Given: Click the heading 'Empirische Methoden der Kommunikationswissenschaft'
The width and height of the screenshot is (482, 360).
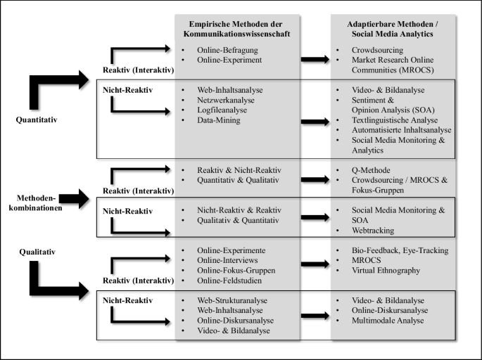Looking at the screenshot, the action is click(236, 29).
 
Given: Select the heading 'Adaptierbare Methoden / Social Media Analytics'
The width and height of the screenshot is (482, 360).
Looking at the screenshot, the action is click(393, 29).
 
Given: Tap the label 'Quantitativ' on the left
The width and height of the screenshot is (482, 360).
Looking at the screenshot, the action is click(37, 120).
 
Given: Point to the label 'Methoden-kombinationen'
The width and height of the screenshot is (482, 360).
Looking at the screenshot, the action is click(36, 203).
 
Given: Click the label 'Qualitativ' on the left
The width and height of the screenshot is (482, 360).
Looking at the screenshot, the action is click(37, 252).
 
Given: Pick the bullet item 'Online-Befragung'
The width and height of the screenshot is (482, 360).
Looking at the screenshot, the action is click(227, 50).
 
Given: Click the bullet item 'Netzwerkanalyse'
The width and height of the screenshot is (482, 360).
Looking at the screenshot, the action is click(226, 100).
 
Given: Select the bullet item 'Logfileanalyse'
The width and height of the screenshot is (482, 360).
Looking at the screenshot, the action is click(222, 110).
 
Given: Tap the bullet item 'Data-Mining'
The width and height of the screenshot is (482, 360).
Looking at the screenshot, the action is click(219, 120).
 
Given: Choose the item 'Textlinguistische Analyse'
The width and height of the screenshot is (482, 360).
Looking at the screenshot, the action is click(395, 120).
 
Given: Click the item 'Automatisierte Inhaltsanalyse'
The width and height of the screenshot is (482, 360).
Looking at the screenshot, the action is click(402, 130).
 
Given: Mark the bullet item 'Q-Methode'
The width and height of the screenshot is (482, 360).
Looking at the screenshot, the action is click(371, 170).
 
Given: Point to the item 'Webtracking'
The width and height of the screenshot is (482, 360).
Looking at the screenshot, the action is click(373, 231).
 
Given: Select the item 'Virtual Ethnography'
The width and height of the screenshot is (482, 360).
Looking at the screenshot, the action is click(386, 271).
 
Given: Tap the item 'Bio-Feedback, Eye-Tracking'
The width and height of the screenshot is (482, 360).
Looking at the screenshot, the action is click(400, 250).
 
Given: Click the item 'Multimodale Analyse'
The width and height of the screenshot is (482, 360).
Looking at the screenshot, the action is click(388, 321).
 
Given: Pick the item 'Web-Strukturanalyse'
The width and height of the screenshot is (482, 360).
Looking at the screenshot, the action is click(232, 300).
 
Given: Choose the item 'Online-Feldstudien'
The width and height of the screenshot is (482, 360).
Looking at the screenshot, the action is click(229, 281).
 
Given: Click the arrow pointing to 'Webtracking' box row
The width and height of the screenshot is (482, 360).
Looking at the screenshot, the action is click(315, 217).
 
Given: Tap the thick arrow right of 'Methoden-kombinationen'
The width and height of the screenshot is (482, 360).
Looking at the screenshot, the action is click(74, 199).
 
